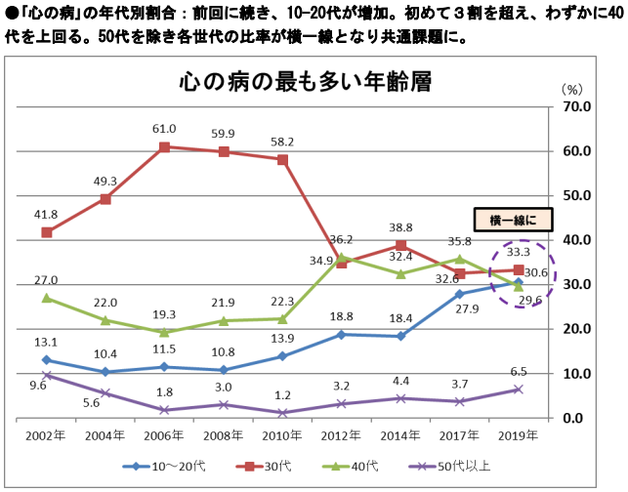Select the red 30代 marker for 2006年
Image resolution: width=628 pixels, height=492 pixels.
click(165, 146)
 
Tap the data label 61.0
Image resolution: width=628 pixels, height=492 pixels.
click(164, 129)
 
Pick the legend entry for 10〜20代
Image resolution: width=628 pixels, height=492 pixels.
click(160, 467)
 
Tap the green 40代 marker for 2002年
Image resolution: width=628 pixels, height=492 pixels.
click(46, 298)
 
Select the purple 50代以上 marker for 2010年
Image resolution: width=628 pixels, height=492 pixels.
click(283, 413)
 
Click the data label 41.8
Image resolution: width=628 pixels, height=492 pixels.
click(46, 214)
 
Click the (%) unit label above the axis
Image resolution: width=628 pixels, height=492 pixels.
click(571, 87)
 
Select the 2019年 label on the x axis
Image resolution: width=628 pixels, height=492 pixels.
click(519, 435)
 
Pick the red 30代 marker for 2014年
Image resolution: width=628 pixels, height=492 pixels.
click(400, 245)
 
